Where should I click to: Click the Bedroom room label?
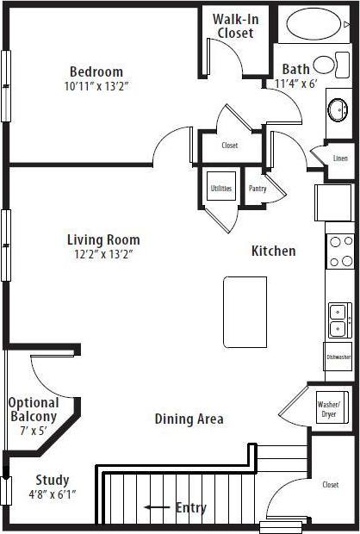(x=96, y=71)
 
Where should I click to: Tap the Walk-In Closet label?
(x=235, y=26)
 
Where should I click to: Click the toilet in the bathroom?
(x=325, y=65)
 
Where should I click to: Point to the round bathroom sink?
(x=338, y=109)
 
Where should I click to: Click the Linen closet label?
(x=338, y=158)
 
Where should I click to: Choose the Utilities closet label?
(x=221, y=189)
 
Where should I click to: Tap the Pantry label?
(x=257, y=189)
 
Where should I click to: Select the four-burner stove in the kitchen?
(x=339, y=251)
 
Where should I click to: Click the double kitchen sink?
(x=338, y=319)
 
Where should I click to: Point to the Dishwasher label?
(x=338, y=357)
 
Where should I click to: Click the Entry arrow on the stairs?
(x=157, y=507)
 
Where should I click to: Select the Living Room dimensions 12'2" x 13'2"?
(x=103, y=254)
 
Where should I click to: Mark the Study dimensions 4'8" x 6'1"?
(x=53, y=494)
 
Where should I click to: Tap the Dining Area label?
(x=189, y=419)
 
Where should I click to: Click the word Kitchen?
(x=273, y=251)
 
